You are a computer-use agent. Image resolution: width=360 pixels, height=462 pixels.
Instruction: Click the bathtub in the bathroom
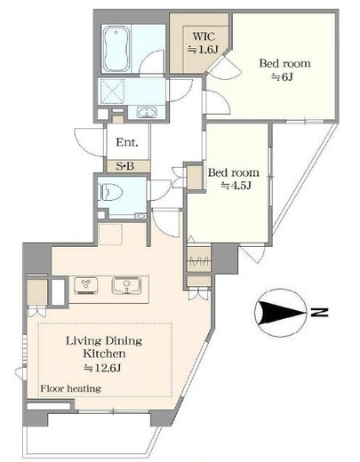[116, 49]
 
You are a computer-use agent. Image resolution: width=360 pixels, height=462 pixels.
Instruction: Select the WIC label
[204, 36]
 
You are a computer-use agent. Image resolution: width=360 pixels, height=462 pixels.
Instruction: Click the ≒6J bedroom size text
[282, 77]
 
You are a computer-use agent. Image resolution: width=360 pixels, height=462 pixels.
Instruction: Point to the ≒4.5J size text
[237, 186]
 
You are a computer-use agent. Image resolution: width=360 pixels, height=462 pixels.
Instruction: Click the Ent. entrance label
[127, 142]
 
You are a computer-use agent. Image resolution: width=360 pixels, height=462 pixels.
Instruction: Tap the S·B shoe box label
[124, 166]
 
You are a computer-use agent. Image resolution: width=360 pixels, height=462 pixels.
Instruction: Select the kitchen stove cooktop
[86, 285]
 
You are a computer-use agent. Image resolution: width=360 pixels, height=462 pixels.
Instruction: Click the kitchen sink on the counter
[126, 285]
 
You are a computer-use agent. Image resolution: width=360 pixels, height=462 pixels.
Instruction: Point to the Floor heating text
[70, 388]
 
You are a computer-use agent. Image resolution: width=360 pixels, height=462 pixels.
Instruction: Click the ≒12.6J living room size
[102, 368]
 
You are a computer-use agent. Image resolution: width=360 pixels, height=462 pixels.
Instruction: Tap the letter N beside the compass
[319, 313]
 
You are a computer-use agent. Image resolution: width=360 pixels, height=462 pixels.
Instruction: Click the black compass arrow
[282, 313]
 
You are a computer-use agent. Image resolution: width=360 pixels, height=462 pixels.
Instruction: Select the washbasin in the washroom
[147, 113]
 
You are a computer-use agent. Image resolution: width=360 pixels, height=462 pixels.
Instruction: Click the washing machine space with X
[112, 92]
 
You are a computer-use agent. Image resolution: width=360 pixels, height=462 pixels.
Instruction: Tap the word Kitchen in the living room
[104, 354]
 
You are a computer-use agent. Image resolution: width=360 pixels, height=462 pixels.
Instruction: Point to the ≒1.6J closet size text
[204, 50]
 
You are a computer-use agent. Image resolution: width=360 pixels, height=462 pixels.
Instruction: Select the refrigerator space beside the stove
[58, 291]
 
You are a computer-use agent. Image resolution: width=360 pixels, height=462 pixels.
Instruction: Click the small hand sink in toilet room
[140, 216]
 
